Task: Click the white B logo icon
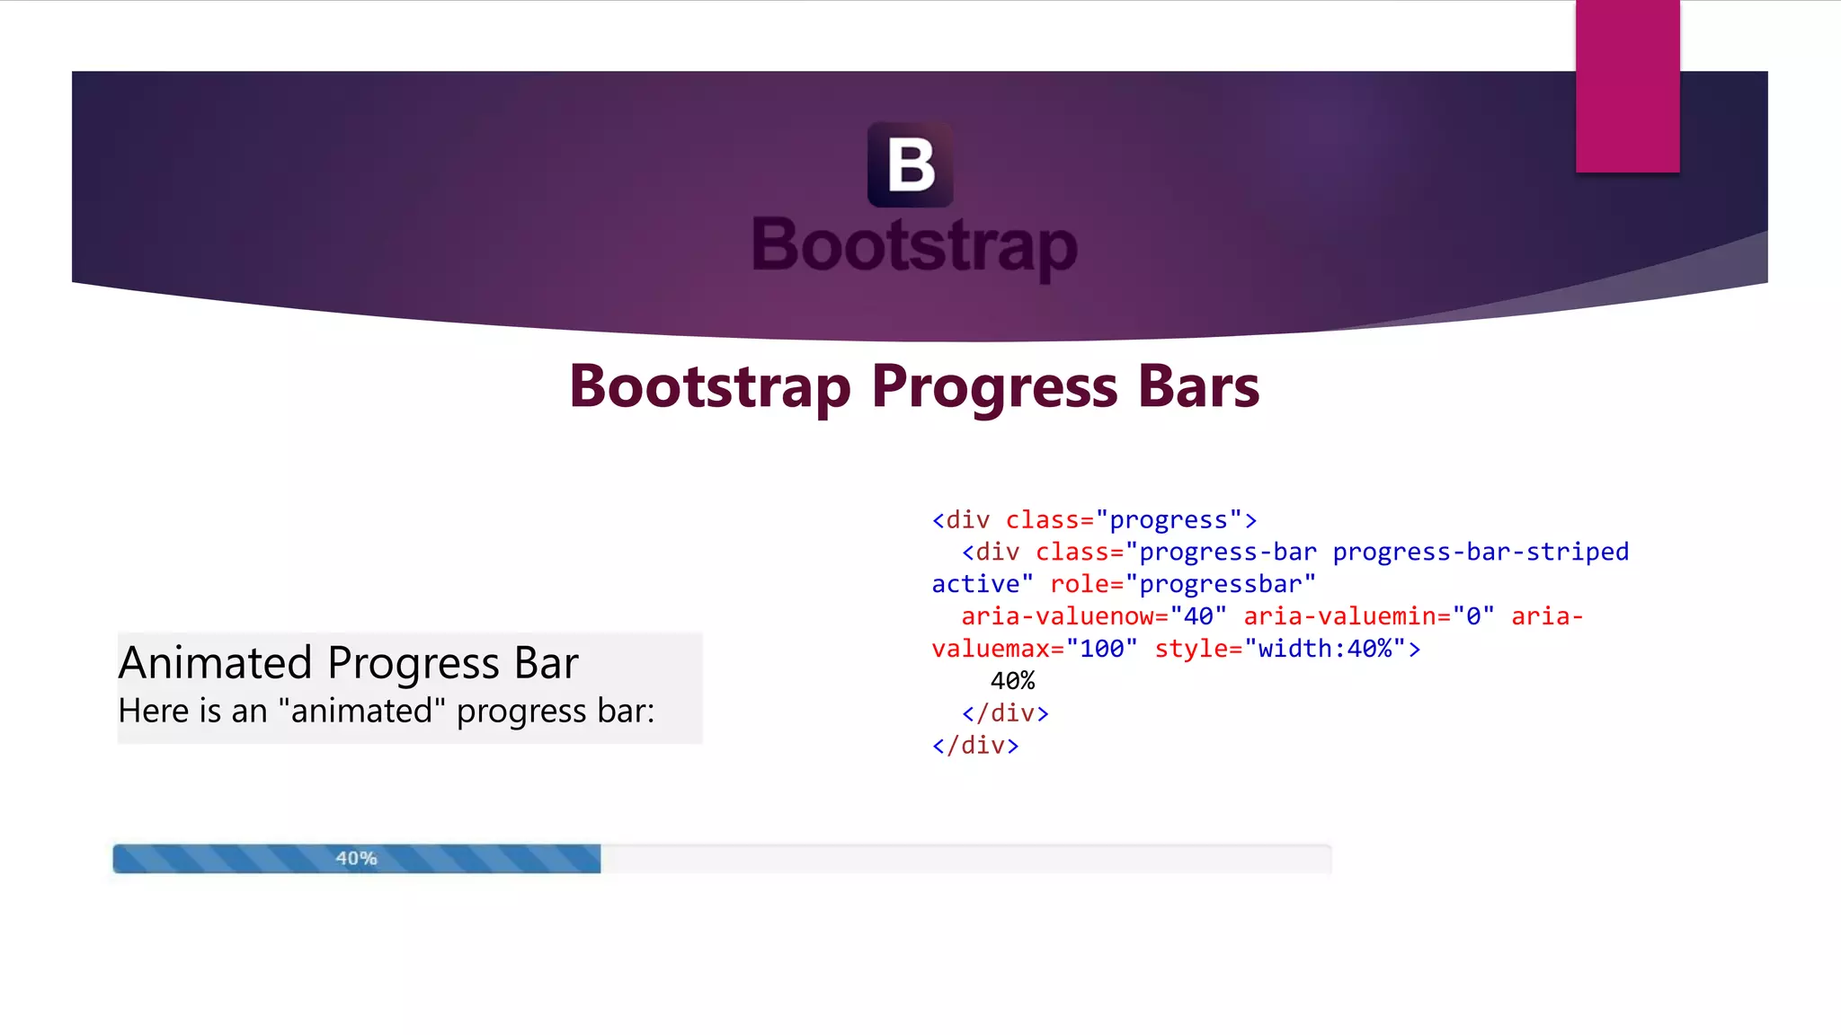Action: tap(910, 165)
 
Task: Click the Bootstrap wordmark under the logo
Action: tap(914, 245)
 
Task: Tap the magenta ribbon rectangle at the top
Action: tap(1627, 86)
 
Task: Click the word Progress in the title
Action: tap(995, 387)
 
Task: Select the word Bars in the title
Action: tap(1198, 387)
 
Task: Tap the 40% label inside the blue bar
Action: tap(356, 859)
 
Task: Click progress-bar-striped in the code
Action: tap(1480, 552)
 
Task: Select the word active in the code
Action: tap(974, 584)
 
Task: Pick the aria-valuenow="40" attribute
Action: tap(1093, 616)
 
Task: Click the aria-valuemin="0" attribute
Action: tap(1368, 616)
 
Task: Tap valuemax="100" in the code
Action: tap(1034, 649)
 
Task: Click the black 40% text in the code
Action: tap(1012, 681)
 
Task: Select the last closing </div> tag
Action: tap(975, 746)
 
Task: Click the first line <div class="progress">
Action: tap(1093, 520)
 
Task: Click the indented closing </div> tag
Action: tap(1004, 713)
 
